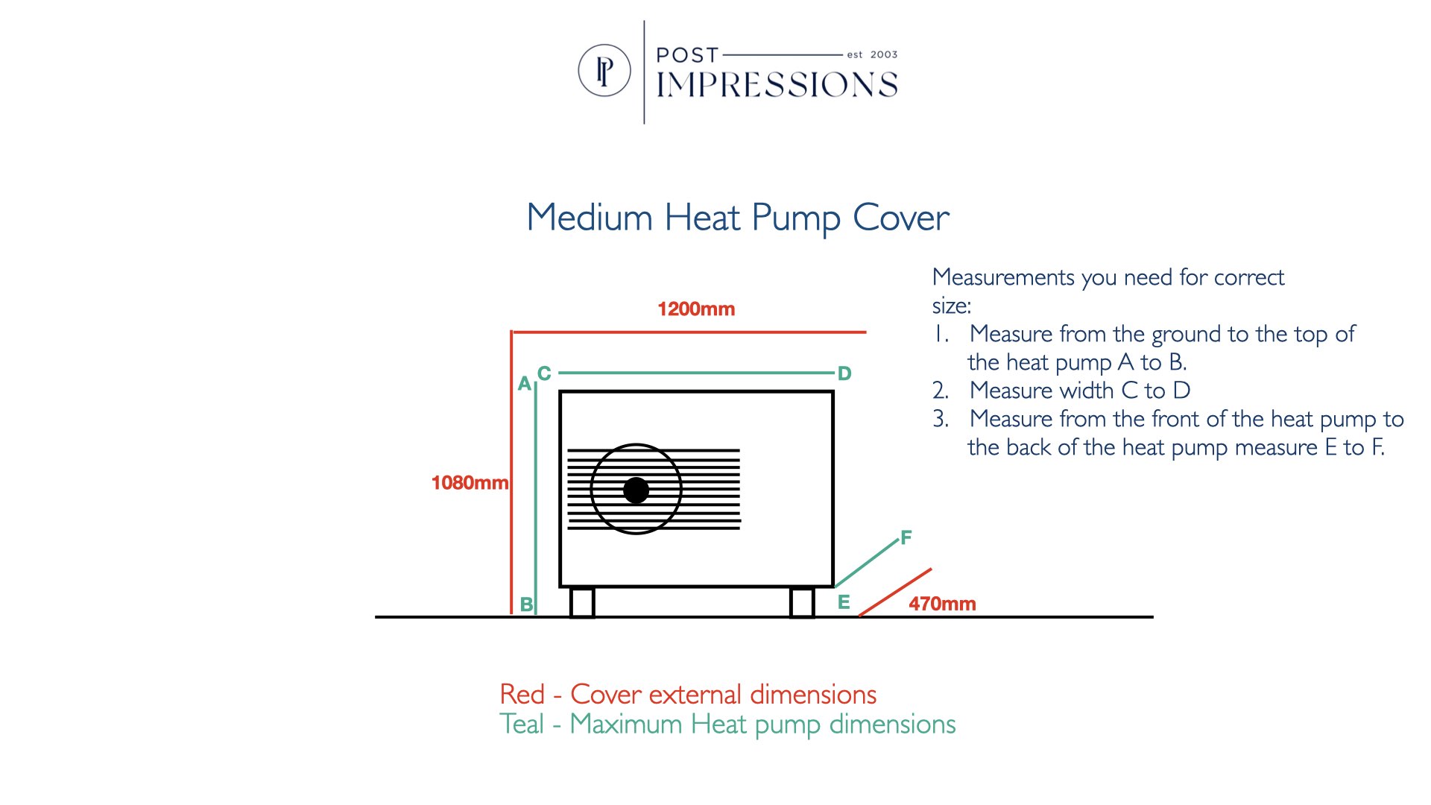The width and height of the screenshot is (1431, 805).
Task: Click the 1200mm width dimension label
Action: (696, 309)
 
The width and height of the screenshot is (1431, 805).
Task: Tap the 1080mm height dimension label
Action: (470, 483)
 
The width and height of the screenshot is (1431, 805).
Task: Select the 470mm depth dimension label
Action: (942, 604)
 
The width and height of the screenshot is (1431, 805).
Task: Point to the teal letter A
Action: (525, 384)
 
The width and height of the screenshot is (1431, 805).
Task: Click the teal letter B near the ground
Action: (526, 605)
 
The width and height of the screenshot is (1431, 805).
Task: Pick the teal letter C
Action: (544, 373)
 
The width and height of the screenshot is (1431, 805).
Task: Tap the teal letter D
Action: (844, 373)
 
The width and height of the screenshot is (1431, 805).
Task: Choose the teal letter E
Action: (844, 602)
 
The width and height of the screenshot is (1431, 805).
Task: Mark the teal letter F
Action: (906, 537)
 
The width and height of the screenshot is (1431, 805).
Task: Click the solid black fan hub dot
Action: (636, 490)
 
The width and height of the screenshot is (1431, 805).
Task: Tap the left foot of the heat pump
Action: (582, 602)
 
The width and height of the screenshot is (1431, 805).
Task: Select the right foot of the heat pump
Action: (802, 602)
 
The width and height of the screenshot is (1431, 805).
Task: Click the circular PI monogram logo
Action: (604, 71)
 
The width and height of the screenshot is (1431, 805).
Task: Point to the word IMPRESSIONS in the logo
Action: (777, 85)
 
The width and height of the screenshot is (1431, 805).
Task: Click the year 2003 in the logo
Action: (884, 54)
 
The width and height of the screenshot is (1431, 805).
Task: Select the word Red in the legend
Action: (522, 695)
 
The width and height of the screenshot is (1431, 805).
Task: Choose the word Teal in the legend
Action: (522, 724)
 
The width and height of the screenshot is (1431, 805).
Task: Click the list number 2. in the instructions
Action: (941, 391)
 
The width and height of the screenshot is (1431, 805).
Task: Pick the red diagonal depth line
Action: (894, 593)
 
